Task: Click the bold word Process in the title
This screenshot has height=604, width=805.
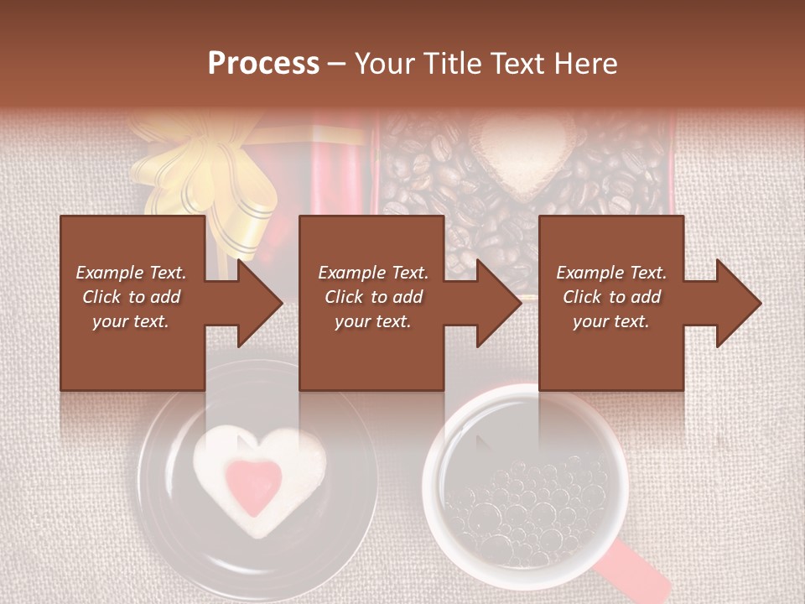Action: tap(263, 64)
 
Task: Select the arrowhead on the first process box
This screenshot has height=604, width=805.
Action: tap(255, 303)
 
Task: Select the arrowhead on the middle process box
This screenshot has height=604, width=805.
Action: tap(495, 303)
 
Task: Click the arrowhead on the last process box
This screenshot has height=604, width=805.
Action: tap(735, 303)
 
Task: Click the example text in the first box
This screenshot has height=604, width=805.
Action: tap(131, 297)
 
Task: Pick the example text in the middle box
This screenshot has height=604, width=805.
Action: tap(372, 297)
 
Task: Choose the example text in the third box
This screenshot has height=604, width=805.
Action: tap(610, 297)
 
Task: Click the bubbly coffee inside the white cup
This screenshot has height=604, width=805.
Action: tap(525, 503)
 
